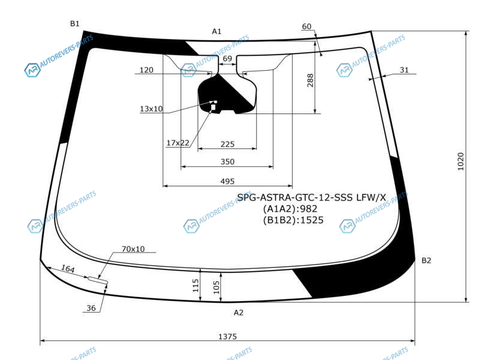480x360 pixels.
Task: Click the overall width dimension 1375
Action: click(x=227, y=337)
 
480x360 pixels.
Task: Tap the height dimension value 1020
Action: click(x=460, y=161)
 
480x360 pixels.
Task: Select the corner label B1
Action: click(x=74, y=23)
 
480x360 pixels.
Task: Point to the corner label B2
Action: click(x=427, y=260)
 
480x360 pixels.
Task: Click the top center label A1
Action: click(x=217, y=31)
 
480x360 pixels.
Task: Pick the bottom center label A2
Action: click(x=238, y=313)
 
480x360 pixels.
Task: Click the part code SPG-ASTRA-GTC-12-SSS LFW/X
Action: click(x=311, y=197)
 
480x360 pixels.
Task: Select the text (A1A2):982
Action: click(x=290, y=209)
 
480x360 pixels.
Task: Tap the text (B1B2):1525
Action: click(x=293, y=220)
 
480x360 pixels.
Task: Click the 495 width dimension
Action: click(x=227, y=181)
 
